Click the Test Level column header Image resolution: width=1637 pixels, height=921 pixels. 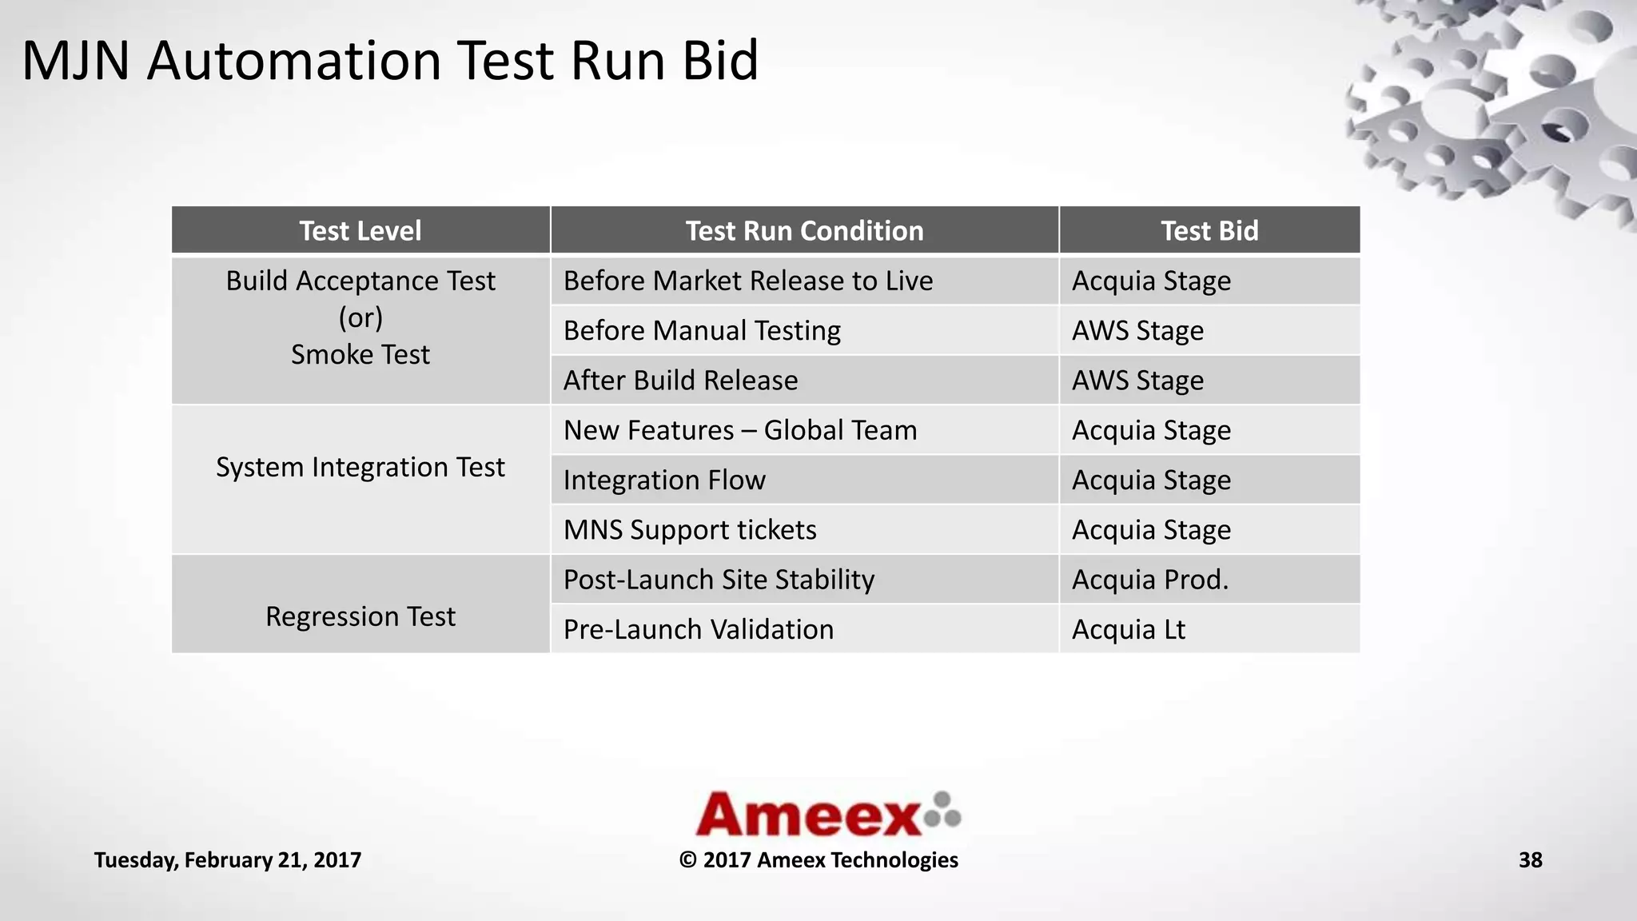(x=360, y=231)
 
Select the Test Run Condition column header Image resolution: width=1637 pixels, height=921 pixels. (x=804, y=231)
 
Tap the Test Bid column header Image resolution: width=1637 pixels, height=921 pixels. (x=1209, y=231)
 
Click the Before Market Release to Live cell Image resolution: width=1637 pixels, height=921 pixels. (x=747, y=281)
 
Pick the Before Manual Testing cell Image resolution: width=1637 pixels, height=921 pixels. (x=702, y=331)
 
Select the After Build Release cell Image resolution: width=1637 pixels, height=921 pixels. (x=680, y=381)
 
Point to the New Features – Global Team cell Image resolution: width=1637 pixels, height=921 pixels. (x=740, y=430)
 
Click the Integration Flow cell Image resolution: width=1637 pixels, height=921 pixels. (x=664, y=480)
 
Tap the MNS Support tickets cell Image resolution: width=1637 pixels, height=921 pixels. (x=690, y=530)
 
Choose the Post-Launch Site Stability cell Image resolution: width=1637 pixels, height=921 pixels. (x=719, y=580)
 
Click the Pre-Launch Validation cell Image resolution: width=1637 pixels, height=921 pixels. (x=698, y=629)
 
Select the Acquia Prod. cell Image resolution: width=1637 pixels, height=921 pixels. (x=1149, y=580)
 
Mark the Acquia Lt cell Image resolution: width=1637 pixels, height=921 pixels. (x=1128, y=629)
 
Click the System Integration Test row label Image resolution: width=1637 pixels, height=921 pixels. (x=360, y=467)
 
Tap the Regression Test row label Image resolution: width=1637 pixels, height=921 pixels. (x=360, y=616)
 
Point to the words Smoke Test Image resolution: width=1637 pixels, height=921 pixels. (x=360, y=354)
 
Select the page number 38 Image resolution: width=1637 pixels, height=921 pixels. (x=1530, y=860)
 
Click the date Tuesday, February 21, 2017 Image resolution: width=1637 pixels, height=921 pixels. (x=228, y=860)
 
